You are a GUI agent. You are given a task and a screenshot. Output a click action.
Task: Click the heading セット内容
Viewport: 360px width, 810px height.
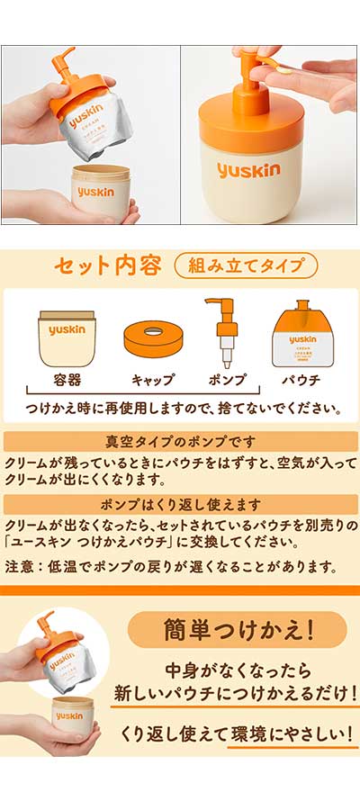pos(108,266)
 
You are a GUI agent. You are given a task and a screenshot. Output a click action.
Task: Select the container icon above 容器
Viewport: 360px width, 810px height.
pos(65,339)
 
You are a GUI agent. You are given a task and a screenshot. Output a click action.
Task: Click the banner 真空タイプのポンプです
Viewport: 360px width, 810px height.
pos(180,442)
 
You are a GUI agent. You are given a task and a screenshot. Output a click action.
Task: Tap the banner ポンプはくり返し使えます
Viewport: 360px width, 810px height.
pos(180,504)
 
